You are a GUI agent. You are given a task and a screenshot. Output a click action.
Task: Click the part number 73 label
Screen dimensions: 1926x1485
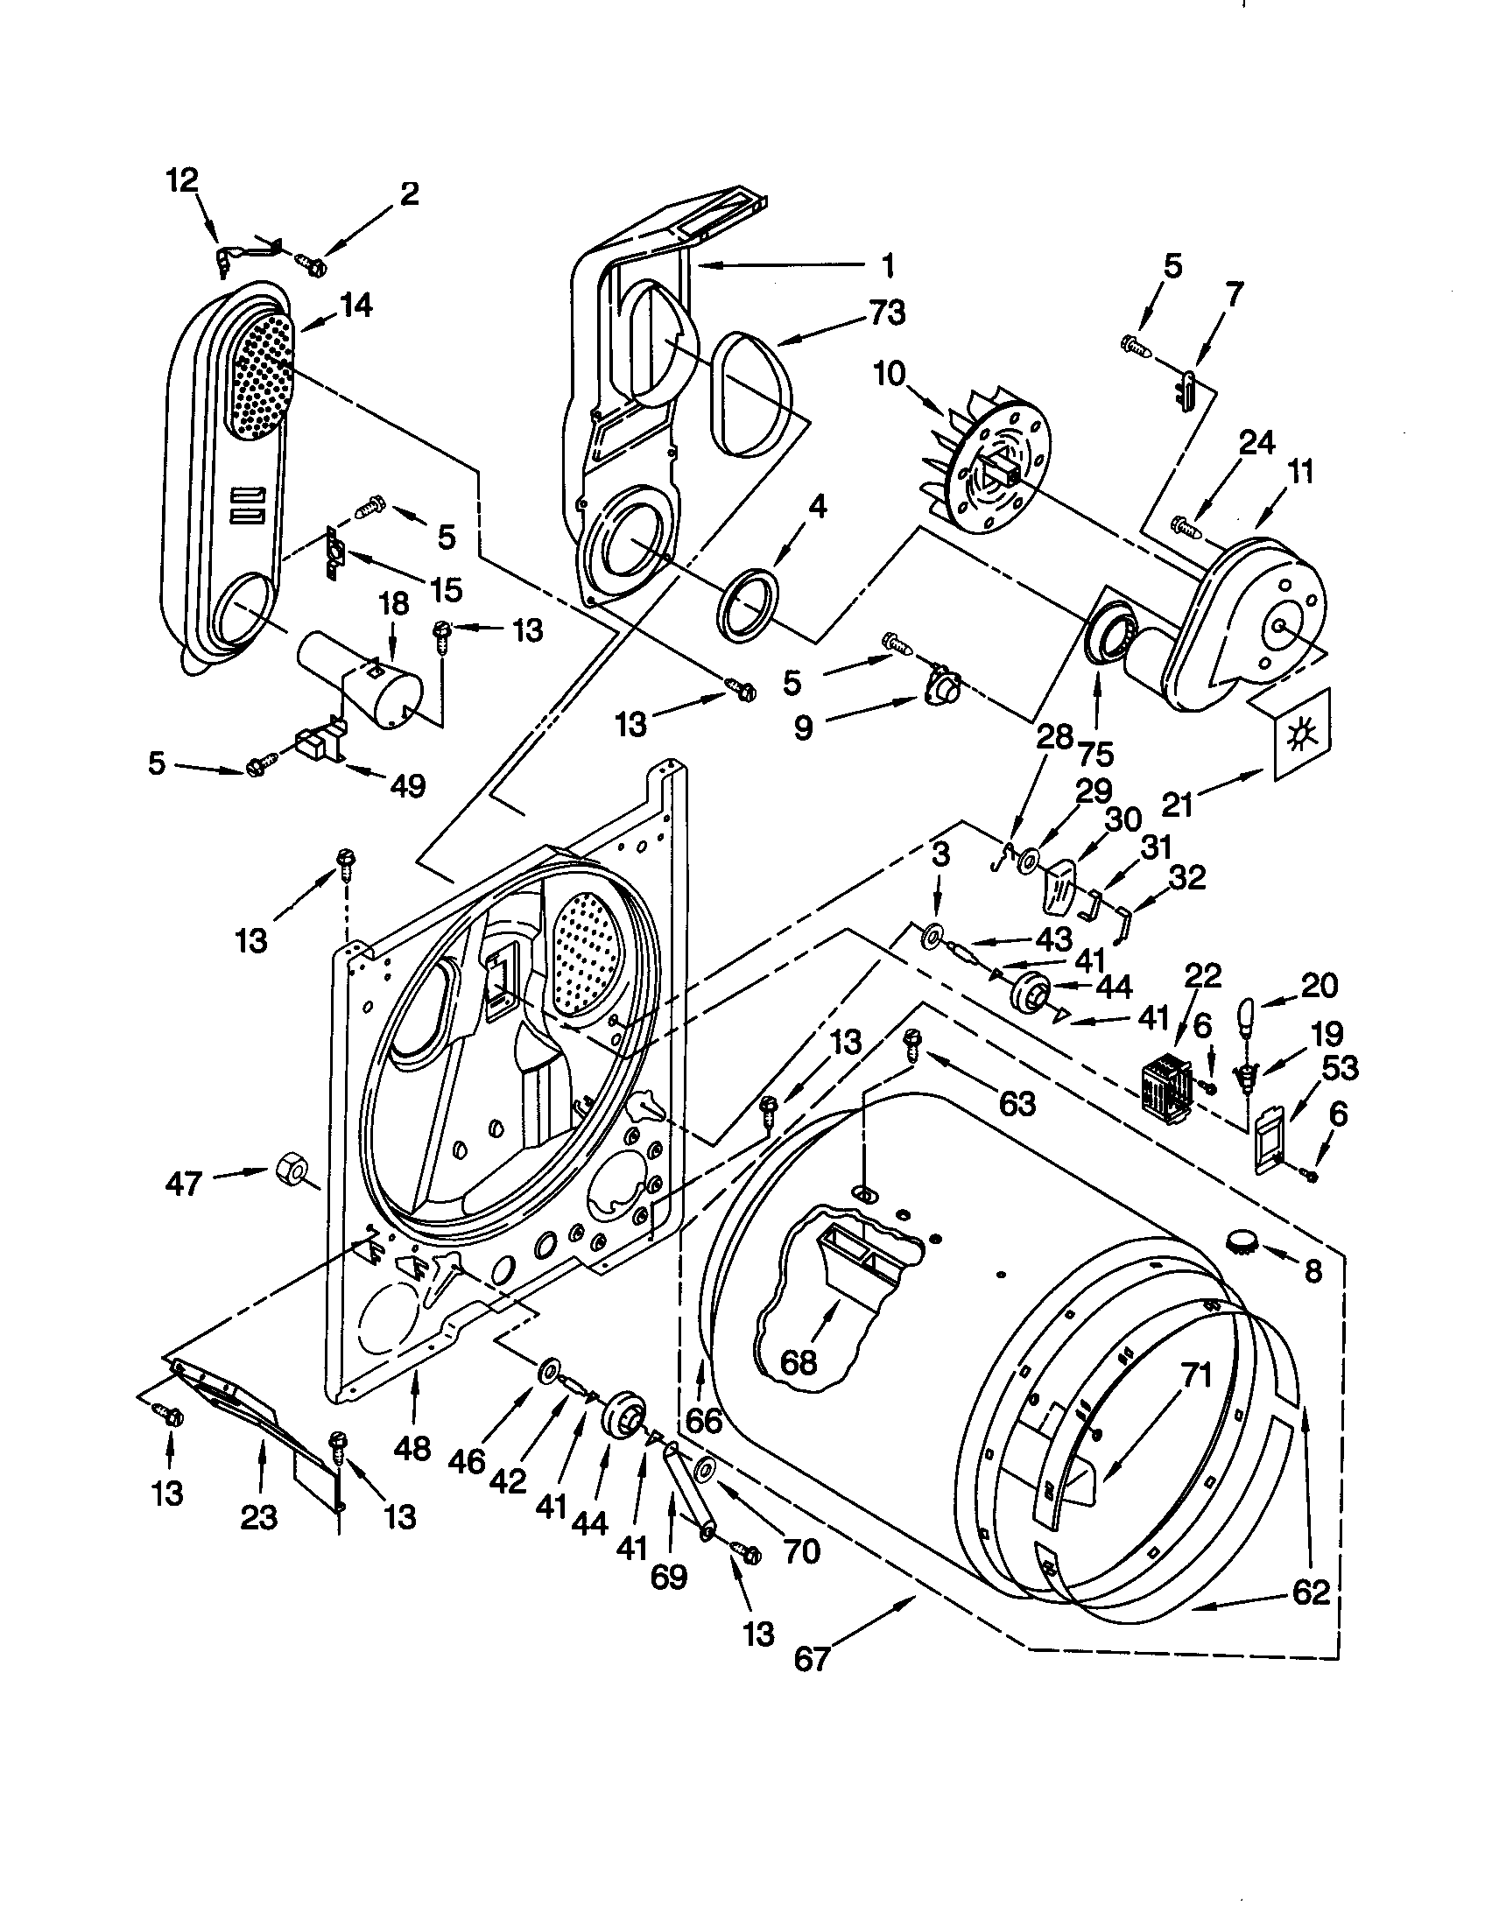coord(886,313)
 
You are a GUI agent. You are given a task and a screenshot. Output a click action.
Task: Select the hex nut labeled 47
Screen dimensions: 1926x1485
coord(290,1171)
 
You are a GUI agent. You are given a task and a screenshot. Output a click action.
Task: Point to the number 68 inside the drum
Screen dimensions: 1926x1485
coord(798,1362)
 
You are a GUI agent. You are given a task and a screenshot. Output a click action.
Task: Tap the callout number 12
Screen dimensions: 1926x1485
coord(182,181)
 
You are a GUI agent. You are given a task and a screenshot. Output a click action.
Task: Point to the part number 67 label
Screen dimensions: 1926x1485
coord(812,1659)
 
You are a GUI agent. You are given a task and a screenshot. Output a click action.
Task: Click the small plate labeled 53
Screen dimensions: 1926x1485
coord(1270,1142)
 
